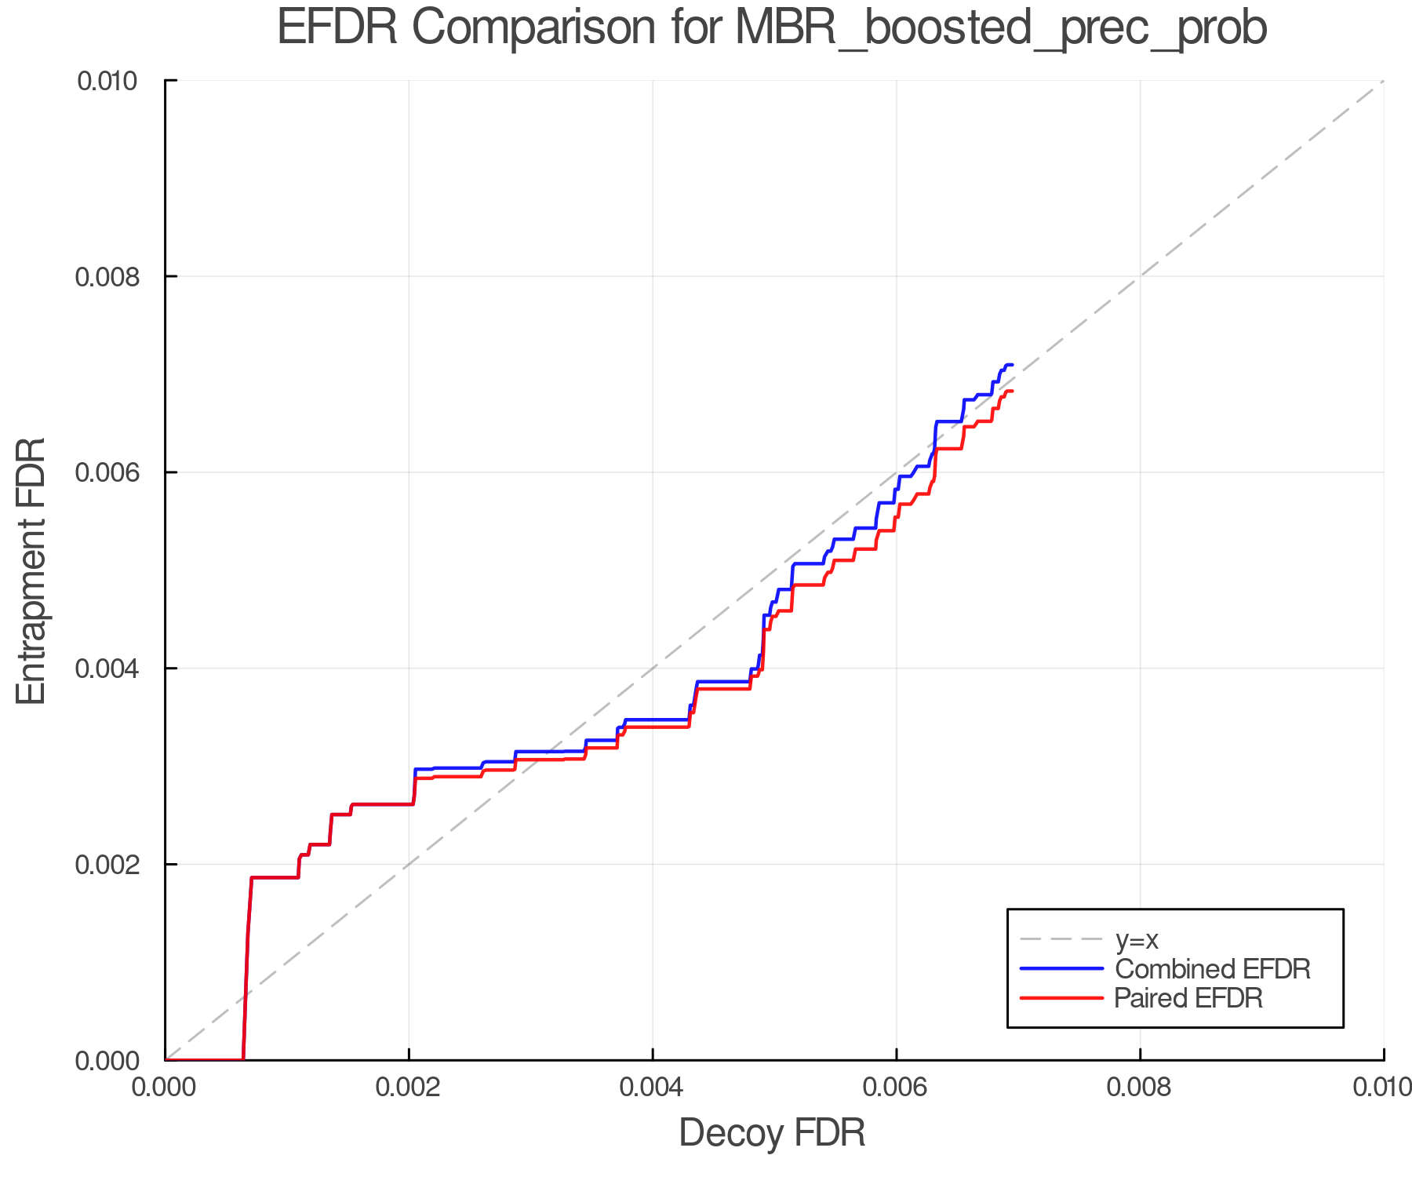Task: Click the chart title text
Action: coord(772,28)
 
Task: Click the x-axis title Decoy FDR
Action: coord(772,1133)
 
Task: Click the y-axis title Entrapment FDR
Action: coord(31,570)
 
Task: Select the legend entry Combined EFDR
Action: coord(1212,969)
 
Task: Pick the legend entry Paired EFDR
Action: coord(1188,998)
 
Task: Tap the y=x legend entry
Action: coord(1137,939)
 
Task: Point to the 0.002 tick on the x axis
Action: coord(409,1088)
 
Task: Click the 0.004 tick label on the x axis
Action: coord(653,1088)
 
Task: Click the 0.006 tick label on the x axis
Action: coord(896,1088)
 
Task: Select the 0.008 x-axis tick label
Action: coord(1140,1088)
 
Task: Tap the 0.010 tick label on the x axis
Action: coord(1382,1088)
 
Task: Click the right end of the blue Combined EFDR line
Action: coord(1013,365)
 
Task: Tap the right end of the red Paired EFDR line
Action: coord(1013,391)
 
